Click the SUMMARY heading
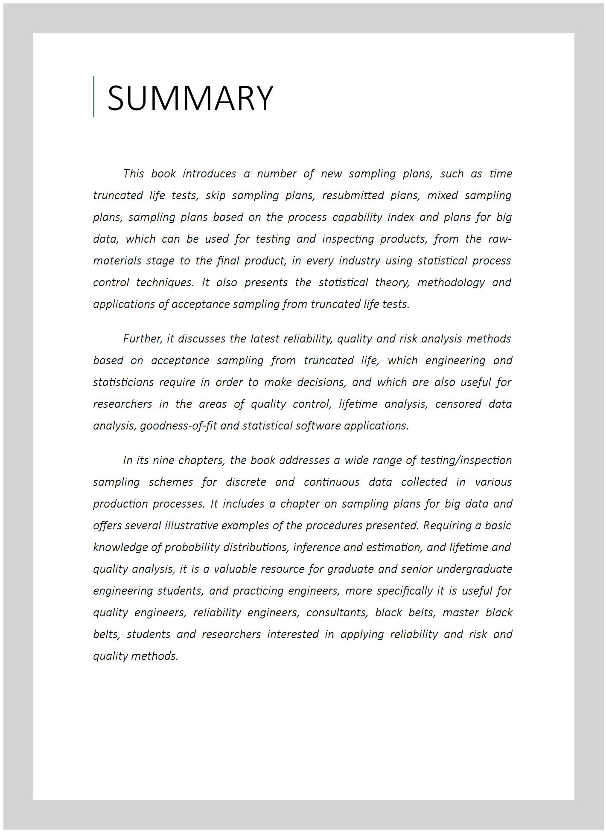[190, 98]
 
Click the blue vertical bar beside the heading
[93, 96]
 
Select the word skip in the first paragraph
[216, 196]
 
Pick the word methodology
[451, 283]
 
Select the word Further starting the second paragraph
[142, 339]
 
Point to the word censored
[458, 404]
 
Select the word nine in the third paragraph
[163, 461]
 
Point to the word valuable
[234, 569]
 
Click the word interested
[293, 635]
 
